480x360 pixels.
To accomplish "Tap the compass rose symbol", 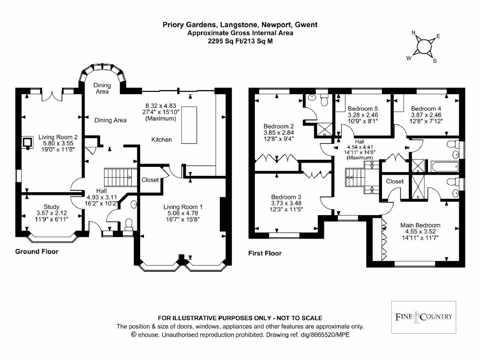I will click(x=423, y=46).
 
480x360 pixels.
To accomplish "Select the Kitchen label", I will click(x=161, y=140).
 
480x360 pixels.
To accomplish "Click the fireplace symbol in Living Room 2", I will click(x=28, y=142).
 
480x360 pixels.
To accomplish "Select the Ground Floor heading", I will click(x=37, y=252).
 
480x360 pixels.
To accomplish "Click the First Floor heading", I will click(x=265, y=253).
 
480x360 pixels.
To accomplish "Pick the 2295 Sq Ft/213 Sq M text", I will click(x=240, y=41).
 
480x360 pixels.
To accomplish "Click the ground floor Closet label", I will click(x=150, y=180).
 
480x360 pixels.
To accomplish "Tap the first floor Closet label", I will click(x=395, y=181).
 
